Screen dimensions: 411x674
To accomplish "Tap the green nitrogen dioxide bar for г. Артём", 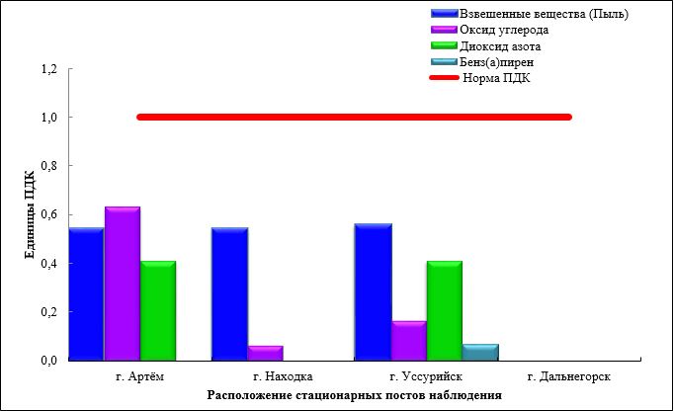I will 157,311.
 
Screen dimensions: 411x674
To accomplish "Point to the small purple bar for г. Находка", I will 265,353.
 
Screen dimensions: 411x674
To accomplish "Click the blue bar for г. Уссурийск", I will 373,292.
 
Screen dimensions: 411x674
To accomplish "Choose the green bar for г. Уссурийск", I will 444,311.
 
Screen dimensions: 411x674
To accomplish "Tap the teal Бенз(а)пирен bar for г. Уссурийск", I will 480,352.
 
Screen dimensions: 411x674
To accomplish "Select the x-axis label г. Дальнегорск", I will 567,376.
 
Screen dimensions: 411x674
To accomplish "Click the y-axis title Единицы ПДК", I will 29,214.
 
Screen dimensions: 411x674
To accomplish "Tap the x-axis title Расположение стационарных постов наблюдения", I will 354,395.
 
